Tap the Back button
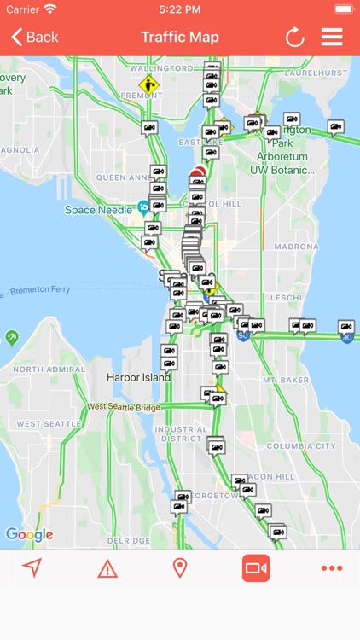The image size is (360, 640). pos(35,37)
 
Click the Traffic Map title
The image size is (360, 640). pos(180,37)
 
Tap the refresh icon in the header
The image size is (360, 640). pos(294,37)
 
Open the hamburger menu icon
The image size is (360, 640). pos(332,37)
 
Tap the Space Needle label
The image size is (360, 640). pos(98,209)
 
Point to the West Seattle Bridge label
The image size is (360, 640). pos(123,407)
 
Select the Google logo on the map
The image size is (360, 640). pos(29,535)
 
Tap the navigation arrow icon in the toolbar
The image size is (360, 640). pos(32,568)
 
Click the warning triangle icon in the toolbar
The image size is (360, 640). pos(107,568)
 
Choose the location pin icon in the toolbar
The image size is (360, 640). pos(180,568)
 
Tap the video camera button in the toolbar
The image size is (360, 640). pos(256,568)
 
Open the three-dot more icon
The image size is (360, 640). pos(331,568)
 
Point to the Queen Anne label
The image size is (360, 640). pos(123,177)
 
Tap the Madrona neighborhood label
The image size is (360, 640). pos(296,247)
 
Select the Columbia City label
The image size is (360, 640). pos(301,446)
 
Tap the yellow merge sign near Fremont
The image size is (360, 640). pos(149,84)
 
